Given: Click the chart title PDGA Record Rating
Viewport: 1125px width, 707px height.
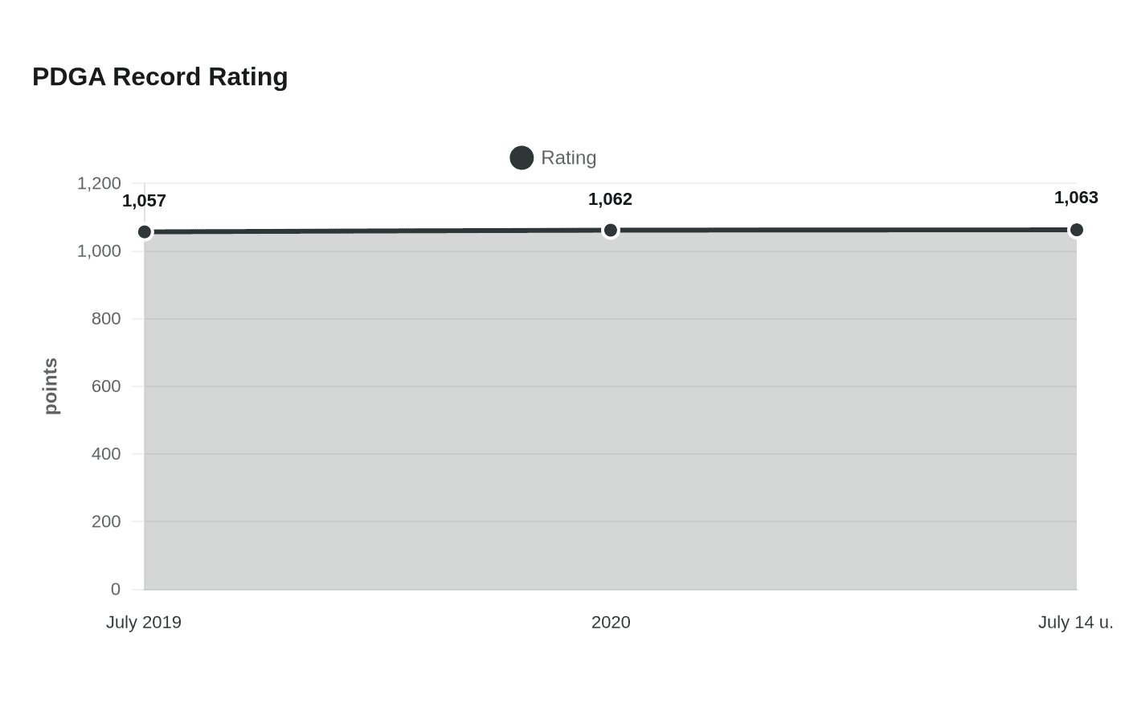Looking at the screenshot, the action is [160, 77].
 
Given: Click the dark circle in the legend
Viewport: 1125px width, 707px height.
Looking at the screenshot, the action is [522, 157].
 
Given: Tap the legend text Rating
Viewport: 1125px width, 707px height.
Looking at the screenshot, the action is [569, 157].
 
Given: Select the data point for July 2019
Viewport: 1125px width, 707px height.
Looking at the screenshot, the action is [145, 232].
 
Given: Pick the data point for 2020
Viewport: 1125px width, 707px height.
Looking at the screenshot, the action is [610, 231].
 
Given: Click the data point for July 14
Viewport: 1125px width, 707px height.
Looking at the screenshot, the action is [1076, 230].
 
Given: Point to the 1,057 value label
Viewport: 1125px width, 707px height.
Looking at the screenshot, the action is [144, 201].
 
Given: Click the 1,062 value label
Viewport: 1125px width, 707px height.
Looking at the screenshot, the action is [610, 199].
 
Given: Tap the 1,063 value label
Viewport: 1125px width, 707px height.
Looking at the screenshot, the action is [1076, 198].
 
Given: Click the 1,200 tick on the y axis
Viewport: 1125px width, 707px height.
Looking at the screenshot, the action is [99, 183].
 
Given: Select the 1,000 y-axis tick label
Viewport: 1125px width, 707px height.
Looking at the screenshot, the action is [99, 251].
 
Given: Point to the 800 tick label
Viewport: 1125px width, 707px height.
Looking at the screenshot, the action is [106, 319].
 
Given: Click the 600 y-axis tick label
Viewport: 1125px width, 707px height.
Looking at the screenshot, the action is [106, 386].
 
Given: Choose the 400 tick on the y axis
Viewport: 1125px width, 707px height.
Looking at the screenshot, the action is [106, 454].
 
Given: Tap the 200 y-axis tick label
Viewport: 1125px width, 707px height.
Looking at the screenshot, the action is [106, 521].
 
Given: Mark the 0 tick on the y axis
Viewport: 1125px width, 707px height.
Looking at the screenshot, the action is [116, 589].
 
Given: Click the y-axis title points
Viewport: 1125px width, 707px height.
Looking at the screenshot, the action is [51, 386].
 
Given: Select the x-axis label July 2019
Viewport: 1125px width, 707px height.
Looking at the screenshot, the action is [144, 623].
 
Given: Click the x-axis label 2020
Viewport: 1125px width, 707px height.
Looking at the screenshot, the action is [611, 623].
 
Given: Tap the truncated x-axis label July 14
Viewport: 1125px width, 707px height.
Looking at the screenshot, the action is [1075, 623].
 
